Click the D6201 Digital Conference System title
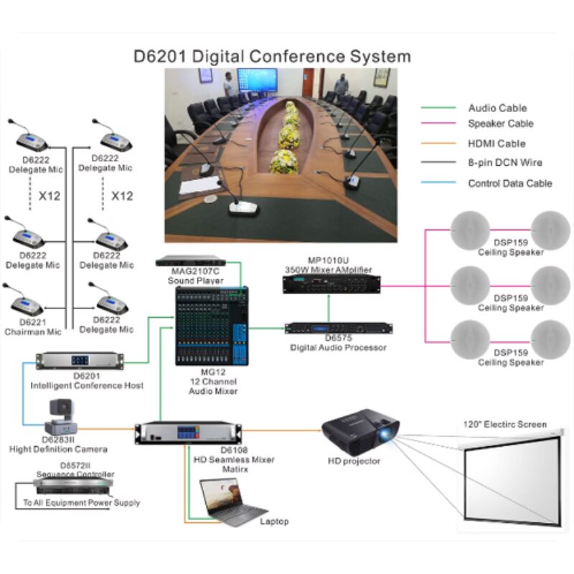[x=272, y=56]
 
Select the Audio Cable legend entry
[x=497, y=108]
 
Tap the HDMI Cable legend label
[x=497, y=143]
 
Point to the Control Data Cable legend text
[x=510, y=183]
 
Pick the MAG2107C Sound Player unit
[x=197, y=260]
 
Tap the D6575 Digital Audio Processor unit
[x=338, y=329]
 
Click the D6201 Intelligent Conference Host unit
[x=86, y=360]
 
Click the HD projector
[x=358, y=430]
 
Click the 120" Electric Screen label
[x=504, y=424]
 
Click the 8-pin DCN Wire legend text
[x=505, y=163]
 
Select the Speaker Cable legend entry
[x=501, y=123]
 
